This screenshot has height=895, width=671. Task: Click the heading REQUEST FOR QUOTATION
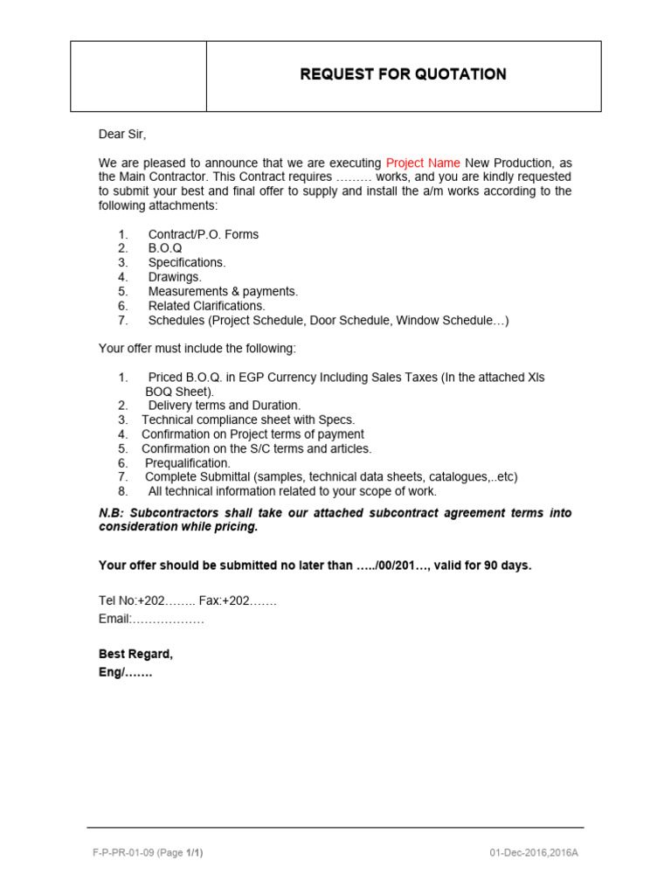403,74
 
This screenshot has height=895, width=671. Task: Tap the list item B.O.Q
165,248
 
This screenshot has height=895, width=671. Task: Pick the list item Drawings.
175,277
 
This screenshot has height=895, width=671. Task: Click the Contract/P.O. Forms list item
203,234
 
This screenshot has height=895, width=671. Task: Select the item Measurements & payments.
223,291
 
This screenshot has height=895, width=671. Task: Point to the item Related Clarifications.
206,306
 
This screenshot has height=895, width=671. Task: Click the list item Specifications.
187,262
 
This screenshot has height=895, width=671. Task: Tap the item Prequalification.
188,462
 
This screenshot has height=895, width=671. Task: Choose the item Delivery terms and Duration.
224,406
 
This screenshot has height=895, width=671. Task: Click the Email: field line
151,619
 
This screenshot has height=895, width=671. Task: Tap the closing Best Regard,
135,654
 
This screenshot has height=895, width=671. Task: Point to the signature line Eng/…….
126,673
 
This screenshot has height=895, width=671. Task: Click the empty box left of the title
138,76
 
